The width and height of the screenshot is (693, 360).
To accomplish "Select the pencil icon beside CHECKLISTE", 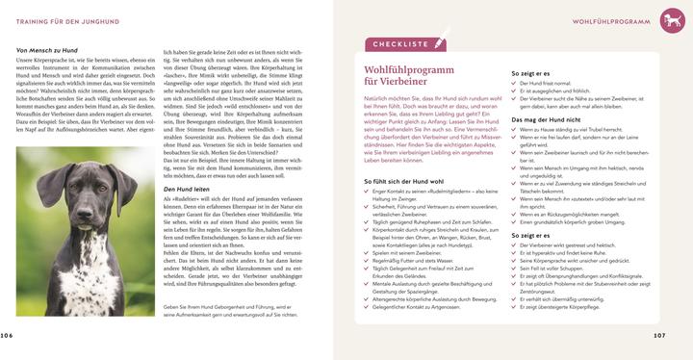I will pyautogui.click(x=441, y=43).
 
